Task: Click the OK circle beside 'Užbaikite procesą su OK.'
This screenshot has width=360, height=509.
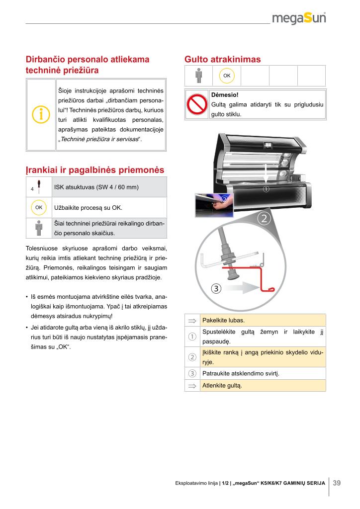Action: click(x=39, y=207)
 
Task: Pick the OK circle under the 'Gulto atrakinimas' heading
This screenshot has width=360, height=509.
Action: click(x=227, y=76)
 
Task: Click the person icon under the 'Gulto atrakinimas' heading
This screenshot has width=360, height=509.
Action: click(x=199, y=76)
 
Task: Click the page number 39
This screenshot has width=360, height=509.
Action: click(x=337, y=483)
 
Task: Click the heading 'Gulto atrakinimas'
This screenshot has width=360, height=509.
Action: click(x=222, y=60)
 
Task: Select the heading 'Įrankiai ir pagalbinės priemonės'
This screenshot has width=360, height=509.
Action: click(x=94, y=170)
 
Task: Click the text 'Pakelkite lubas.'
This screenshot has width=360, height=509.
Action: click(x=224, y=320)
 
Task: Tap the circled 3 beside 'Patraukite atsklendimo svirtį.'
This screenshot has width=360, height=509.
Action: click(x=192, y=373)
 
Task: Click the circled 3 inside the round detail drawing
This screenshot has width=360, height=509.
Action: click(x=216, y=288)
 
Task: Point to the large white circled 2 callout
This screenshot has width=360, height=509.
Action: click(x=264, y=219)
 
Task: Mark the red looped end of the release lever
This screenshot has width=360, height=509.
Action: click(x=269, y=289)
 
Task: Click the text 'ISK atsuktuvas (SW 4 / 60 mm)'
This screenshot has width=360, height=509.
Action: click(x=96, y=187)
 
